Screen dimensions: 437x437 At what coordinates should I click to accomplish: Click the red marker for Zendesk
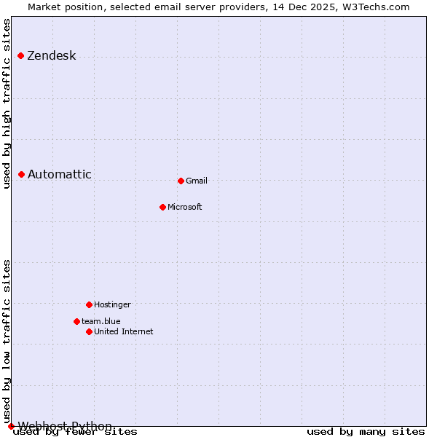click(x=20, y=56)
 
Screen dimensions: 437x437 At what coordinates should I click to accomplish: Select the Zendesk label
click(x=52, y=56)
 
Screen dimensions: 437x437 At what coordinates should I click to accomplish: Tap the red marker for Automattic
click(x=22, y=174)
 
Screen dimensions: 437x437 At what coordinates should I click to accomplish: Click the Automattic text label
click(x=60, y=174)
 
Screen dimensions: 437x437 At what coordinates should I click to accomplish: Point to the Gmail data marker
click(x=181, y=181)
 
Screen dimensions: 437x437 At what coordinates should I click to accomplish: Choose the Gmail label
click(x=197, y=181)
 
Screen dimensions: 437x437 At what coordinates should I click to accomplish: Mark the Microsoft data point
click(x=162, y=207)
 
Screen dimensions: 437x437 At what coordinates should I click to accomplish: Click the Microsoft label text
click(x=185, y=207)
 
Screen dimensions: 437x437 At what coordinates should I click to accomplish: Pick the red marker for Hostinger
click(x=89, y=304)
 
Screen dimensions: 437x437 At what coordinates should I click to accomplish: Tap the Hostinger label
click(x=112, y=304)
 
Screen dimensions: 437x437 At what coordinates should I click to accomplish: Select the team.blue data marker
click(x=76, y=321)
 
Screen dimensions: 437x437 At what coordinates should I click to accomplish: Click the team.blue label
click(x=101, y=321)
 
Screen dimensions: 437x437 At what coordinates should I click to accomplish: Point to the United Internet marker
click(x=89, y=331)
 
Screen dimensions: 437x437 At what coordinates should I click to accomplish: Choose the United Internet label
click(x=124, y=331)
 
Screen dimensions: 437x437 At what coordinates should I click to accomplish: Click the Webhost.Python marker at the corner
click(x=11, y=426)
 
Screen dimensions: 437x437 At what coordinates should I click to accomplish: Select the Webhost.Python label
click(x=65, y=426)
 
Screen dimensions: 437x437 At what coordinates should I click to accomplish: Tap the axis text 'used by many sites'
click(x=366, y=432)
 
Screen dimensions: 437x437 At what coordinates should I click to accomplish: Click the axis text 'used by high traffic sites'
click(x=7, y=103)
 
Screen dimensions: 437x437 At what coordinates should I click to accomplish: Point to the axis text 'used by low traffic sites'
click(x=7, y=340)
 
